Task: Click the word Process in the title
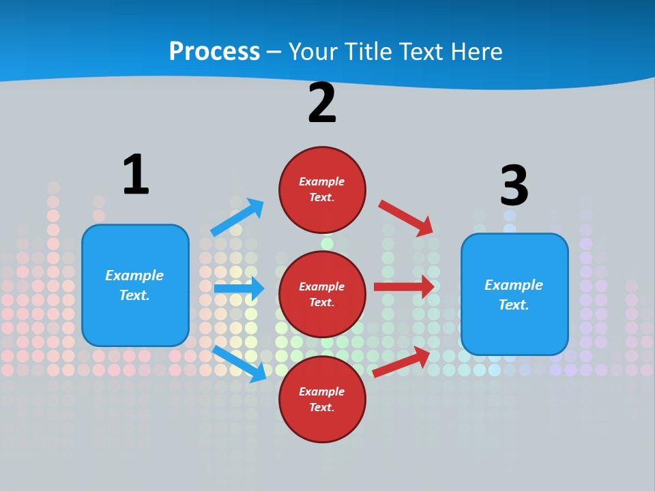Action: [x=214, y=52]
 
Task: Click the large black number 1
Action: [x=135, y=175]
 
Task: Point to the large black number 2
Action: [x=322, y=103]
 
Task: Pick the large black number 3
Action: [x=514, y=186]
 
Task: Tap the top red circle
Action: [x=322, y=190]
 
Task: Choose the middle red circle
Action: [x=322, y=294]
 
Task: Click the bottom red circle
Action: [x=322, y=399]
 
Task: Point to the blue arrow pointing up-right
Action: [x=237, y=218]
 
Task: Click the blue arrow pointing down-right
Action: [x=239, y=363]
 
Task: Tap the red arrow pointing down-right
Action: [x=406, y=218]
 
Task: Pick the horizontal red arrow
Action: [x=404, y=287]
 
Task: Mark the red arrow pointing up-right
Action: [x=402, y=362]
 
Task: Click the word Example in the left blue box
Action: [x=134, y=276]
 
